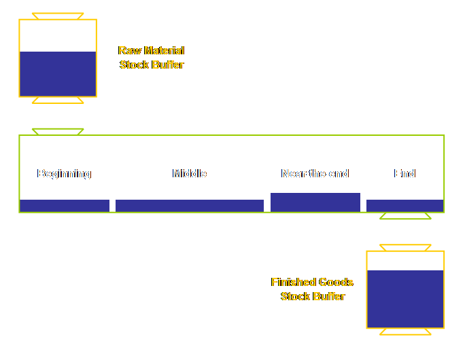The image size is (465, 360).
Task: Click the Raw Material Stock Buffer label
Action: [152, 58]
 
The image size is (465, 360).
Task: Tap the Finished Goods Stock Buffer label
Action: [312, 289]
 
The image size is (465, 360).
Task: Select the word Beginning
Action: [64, 174]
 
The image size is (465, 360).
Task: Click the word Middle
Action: [189, 174]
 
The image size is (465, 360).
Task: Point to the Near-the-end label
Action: [315, 174]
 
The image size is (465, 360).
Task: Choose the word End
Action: [404, 174]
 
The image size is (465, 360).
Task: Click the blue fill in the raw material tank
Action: [58, 74]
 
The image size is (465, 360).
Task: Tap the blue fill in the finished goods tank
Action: [405, 299]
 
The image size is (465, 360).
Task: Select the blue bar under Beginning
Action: [65, 206]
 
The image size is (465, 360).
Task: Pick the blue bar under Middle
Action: [189, 206]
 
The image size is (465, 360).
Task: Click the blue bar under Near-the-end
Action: [315, 202]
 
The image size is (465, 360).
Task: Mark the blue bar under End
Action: [404, 206]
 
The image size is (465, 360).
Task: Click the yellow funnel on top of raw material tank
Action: [58, 16]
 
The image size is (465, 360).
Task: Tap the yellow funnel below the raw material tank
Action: [58, 101]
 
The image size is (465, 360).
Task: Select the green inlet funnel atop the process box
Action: [58, 132]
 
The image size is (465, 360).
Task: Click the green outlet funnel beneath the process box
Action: [405, 217]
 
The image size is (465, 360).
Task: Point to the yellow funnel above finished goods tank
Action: [405, 248]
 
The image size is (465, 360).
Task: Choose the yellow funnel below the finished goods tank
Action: [405, 332]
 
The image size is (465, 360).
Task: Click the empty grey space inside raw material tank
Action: [58, 35]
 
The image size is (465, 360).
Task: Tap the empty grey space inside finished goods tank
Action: [405, 261]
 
